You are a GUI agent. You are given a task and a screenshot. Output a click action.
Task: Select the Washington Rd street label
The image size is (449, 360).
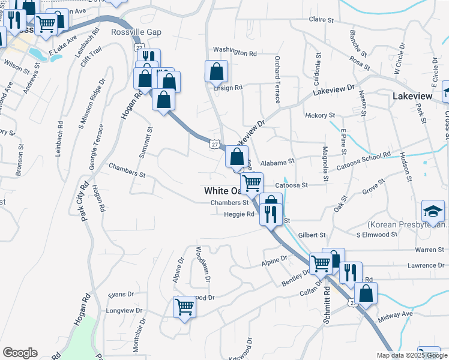click(x=235, y=52)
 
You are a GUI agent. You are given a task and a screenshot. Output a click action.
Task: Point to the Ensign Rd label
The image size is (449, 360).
click(x=228, y=88)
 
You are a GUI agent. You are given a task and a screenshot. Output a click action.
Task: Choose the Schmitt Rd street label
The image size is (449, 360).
click(x=328, y=306)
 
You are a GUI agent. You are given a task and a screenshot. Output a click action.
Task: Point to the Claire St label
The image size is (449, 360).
click(x=321, y=20)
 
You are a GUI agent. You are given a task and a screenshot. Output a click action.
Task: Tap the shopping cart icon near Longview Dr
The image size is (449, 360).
click(x=185, y=306)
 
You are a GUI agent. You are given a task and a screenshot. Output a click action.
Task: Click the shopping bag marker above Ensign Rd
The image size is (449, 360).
click(x=216, y=71)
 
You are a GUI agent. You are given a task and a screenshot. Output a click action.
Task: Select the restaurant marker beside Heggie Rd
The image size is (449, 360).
click(x=271, y=214)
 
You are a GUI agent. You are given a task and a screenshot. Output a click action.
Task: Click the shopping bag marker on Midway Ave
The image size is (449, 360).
click(x=366, y=293)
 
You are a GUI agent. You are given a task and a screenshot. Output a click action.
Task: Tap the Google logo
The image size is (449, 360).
click(x=20, y=353)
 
